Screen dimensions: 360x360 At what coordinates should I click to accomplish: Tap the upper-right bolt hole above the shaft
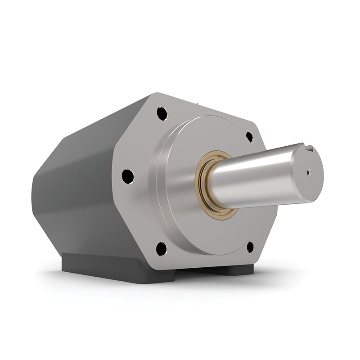point(249,137)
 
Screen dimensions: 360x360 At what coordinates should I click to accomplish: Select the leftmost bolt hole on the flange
point(128,176)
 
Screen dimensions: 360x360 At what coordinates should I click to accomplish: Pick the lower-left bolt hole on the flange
point(161,248)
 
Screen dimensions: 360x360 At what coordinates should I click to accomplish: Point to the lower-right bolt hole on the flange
point(250,247)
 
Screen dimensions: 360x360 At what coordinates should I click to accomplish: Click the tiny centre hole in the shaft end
point(308,171)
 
